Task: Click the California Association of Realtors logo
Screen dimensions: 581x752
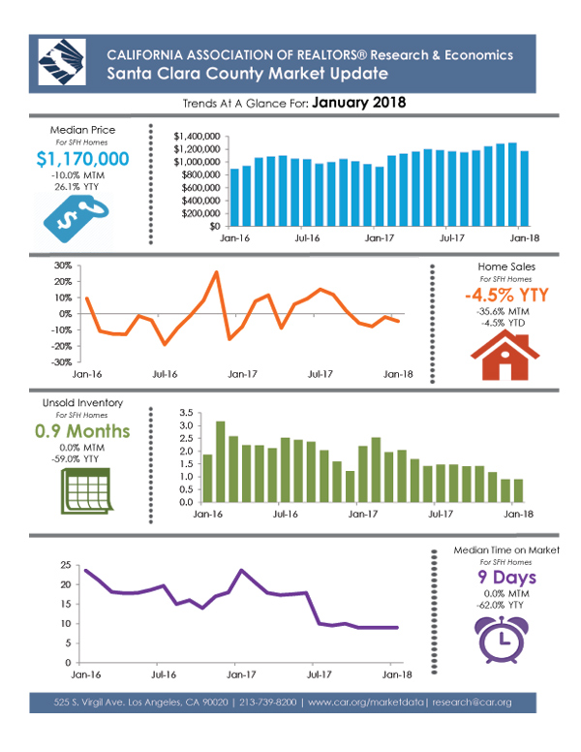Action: [62, 62]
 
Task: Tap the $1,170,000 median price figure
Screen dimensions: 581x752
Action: [82, 159]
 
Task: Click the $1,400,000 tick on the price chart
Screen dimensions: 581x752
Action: [197, 137]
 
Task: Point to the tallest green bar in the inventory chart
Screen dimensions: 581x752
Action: [221, 461]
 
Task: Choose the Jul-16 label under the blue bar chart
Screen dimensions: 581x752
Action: [307, 237]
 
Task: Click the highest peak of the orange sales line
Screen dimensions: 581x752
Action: [217, 272]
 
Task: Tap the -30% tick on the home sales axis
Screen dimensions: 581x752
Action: [62, 362]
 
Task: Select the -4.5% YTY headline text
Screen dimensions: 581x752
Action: [506, 295]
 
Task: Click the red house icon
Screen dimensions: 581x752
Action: [505, 356]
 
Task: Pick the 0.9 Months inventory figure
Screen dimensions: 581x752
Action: [82, 431]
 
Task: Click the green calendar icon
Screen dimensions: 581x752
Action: [86, 491]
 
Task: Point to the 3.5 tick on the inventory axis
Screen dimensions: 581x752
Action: [186, 413]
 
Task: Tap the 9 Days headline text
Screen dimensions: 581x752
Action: [506, 578]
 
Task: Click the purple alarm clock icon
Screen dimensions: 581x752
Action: [502, 640]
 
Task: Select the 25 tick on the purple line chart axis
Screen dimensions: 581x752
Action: [66, 565]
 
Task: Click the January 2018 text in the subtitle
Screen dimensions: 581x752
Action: [359, 103]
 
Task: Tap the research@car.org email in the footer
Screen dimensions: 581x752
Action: [472, 703]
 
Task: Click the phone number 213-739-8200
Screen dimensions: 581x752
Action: [268, 703]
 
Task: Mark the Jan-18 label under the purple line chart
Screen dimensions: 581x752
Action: [397, 674]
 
